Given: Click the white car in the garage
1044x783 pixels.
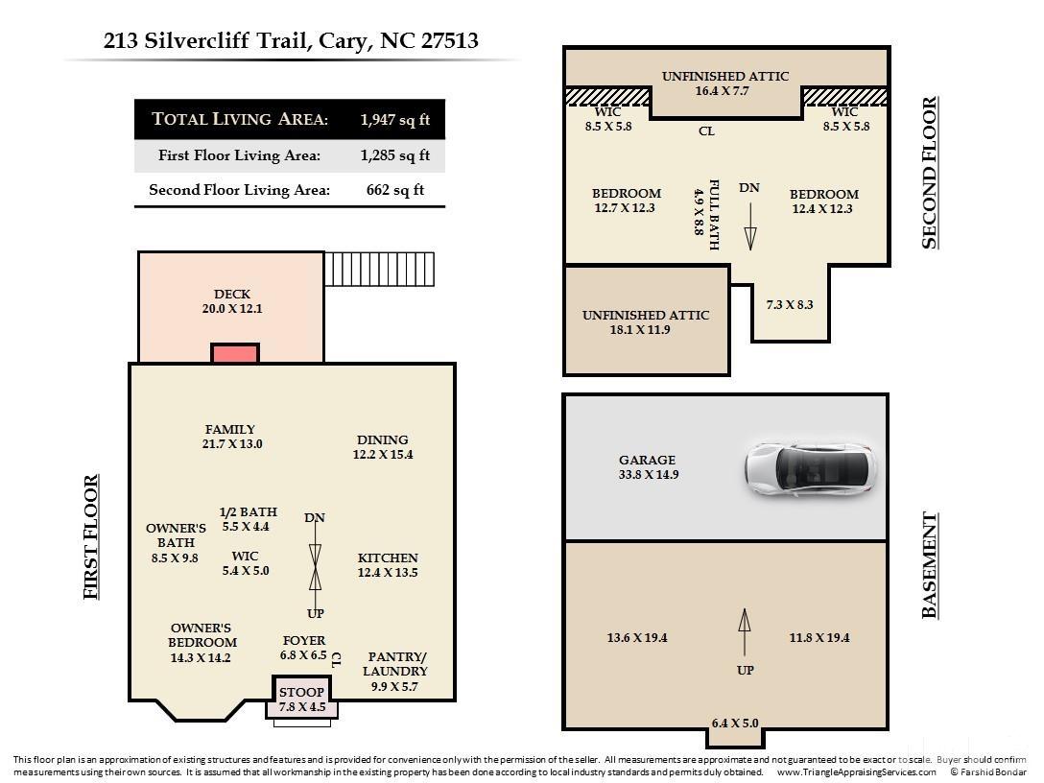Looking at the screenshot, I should tap(811, 469).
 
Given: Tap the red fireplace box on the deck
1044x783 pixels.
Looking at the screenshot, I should tap(235, 353).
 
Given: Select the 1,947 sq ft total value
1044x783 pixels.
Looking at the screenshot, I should tap(395, 120).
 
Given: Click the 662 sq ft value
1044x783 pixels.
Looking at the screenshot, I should tap(395, 190).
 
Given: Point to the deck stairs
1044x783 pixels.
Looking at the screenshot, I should tap(379, 269).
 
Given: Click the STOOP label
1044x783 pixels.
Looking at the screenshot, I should tap(301, 692).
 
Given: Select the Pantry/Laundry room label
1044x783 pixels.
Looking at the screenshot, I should tap(397, 664).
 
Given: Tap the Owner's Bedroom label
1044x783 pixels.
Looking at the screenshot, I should tap(202, 635).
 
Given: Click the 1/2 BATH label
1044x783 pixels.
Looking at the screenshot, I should tap(248, 512).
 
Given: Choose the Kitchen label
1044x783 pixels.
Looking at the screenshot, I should tap(388, 558).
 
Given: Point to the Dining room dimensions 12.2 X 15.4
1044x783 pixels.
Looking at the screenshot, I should tap(383, 455).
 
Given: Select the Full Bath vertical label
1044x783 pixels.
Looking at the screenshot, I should tap(713, 214).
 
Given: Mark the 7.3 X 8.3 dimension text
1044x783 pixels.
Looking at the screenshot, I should tap(790, 304).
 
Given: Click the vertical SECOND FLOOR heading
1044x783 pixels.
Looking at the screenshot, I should tap(929, 173).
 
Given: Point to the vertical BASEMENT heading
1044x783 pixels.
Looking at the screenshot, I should tap(929, 565).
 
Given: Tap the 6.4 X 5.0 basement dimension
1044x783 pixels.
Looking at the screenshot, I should tap(735, 724).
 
